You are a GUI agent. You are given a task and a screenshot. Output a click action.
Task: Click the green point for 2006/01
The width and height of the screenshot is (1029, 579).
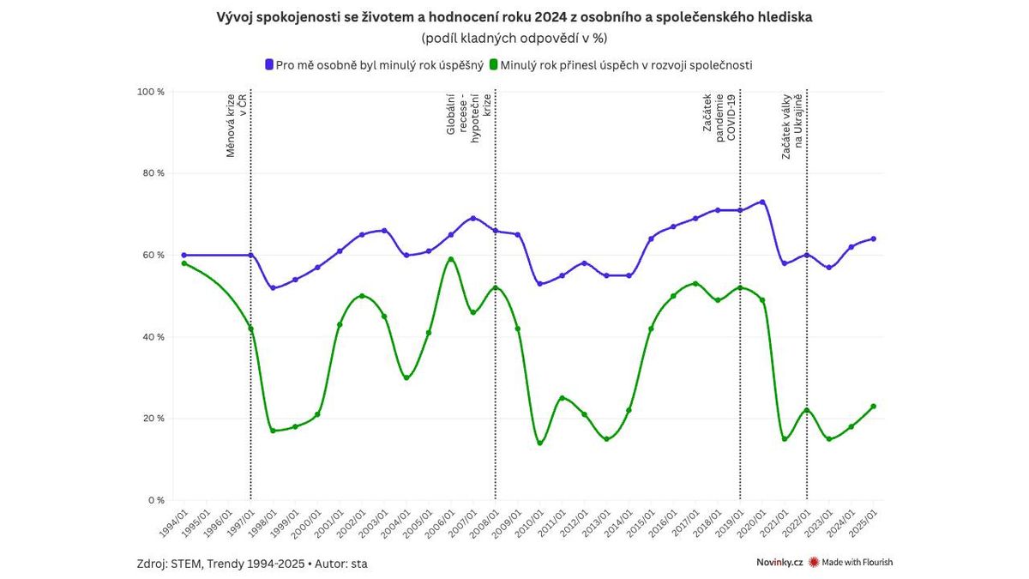[451, 259]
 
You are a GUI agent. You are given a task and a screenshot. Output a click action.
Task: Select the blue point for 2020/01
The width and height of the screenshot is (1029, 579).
[762, 202]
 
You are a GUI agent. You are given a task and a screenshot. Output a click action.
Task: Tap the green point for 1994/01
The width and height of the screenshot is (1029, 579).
[184, 263]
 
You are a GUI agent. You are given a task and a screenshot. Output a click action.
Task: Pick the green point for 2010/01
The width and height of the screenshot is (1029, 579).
[539, 443]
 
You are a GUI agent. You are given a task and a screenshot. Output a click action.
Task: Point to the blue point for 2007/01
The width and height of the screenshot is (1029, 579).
[473, 218]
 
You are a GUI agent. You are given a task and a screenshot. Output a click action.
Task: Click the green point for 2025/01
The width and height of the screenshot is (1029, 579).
[873, 407]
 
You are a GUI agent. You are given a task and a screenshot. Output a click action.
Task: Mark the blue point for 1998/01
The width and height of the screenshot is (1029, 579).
[273, 287]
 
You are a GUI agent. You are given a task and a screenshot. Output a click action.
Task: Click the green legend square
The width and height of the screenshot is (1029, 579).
[494, 64]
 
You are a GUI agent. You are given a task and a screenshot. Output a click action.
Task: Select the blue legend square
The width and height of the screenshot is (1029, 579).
[269, 64]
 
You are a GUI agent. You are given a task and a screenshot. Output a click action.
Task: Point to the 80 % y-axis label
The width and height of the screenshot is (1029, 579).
[153, 173]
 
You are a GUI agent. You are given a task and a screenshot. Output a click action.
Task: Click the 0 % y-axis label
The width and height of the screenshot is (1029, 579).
[155, 500]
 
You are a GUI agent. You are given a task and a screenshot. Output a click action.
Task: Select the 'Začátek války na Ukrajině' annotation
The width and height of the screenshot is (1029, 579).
[792, 125]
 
